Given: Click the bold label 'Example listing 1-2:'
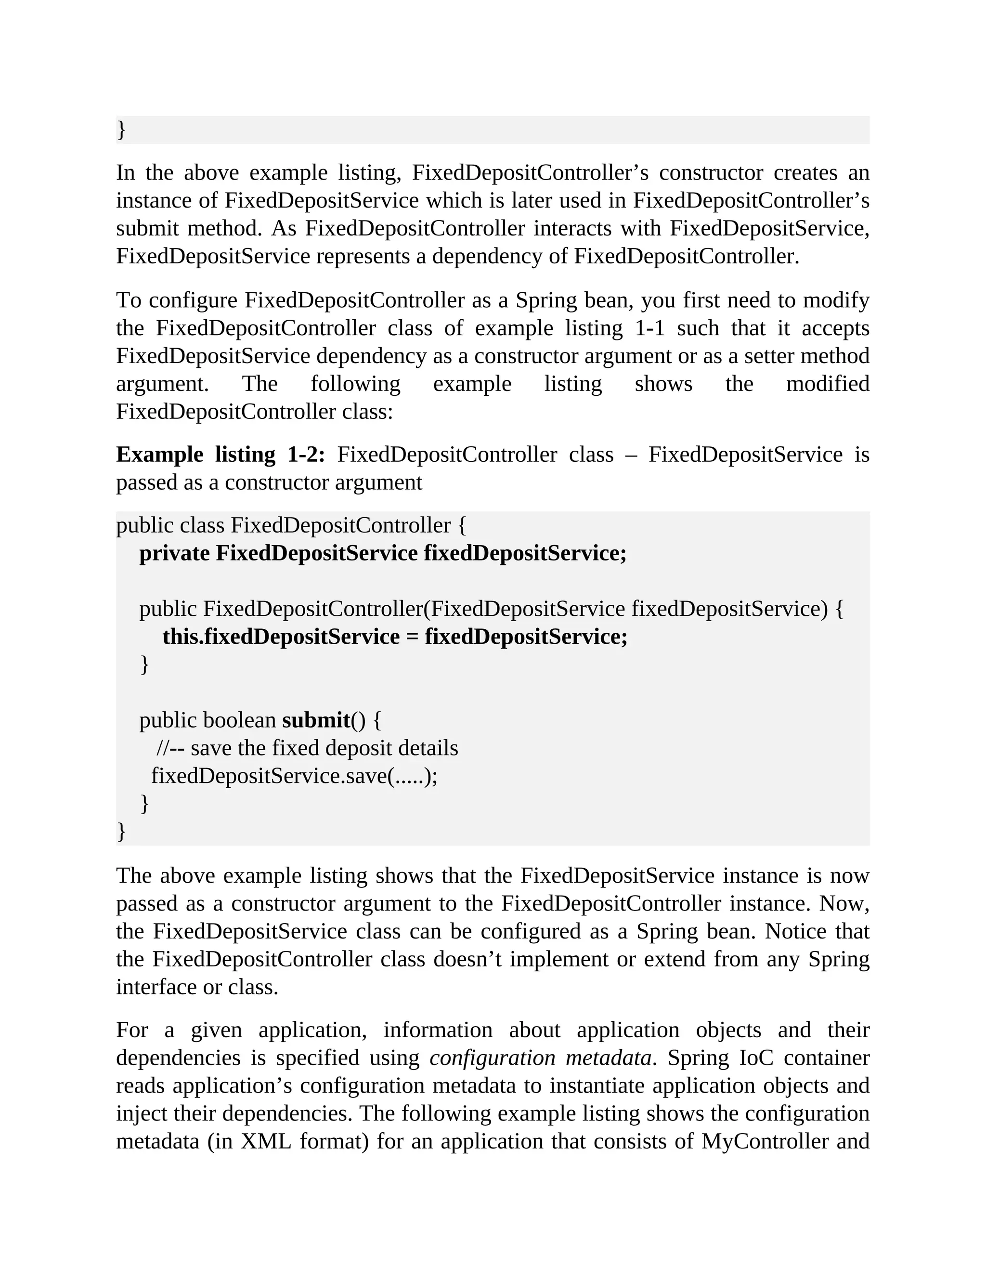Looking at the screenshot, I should (x=220, y=455).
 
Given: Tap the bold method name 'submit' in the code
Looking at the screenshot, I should (x=315, y=720).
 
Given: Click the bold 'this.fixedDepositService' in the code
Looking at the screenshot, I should (x=281, y=636).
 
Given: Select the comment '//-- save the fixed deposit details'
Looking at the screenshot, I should (x=307, y=748).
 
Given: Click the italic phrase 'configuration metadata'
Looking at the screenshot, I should (x=540, y=1057).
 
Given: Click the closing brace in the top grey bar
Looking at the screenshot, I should (x=121, y=129).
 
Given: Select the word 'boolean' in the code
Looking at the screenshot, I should (x=239, y=720).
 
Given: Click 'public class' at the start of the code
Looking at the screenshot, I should (x=170, y=525).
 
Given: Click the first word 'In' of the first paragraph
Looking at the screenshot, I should (x=126, y=172).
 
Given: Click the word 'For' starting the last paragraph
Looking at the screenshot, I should (x=132, y=1029).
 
